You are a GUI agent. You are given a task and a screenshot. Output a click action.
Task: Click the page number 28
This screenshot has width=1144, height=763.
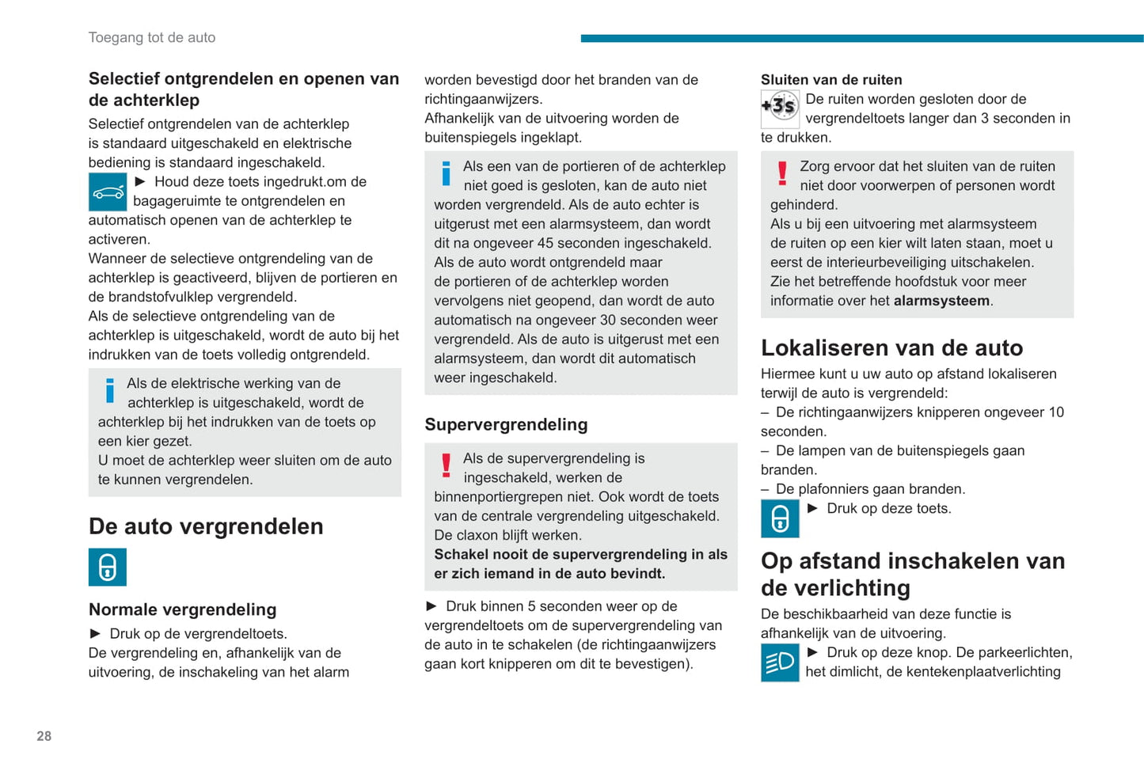point(44,736)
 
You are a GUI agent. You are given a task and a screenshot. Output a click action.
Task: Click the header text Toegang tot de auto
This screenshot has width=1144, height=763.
point(152,37)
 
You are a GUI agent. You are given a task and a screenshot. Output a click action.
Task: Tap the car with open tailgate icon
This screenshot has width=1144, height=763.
point(108,192)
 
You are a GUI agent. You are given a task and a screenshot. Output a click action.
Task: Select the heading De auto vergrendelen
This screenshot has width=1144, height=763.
point(206,526)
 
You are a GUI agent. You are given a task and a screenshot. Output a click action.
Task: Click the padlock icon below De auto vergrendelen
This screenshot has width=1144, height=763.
point(108,567)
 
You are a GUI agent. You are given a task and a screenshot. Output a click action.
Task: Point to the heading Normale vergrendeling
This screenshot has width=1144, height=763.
point(183,609)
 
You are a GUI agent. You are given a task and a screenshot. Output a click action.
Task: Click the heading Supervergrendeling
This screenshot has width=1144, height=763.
point(506,424)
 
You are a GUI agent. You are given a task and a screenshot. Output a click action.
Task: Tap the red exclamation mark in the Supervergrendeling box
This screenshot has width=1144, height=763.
point(447,465)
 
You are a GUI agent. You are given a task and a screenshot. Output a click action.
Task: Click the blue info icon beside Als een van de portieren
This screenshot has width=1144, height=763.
point(447,173)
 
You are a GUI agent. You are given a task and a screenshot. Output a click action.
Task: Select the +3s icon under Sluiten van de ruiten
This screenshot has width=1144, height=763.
point(780,108)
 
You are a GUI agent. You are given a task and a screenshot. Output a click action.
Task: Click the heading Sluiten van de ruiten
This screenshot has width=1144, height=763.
point(831,80)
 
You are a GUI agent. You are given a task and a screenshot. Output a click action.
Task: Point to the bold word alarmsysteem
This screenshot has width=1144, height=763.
point(941,301)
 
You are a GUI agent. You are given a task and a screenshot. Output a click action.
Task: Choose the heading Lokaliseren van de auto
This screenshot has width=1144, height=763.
point(891,347)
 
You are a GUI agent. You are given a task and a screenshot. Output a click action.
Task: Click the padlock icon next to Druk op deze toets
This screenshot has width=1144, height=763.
point(780,518)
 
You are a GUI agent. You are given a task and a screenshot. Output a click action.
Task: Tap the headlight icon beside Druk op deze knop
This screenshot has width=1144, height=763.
point(780,662)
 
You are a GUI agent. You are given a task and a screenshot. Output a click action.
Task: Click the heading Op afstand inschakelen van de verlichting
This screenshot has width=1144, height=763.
point(912,574)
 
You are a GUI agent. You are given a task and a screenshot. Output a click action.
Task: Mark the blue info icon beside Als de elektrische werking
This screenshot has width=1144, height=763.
point(110,390)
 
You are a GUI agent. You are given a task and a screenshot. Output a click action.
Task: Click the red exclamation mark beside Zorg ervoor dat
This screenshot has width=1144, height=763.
point(782,173)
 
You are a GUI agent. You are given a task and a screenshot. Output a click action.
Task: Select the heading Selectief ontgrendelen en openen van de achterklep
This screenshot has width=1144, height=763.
point(244,89)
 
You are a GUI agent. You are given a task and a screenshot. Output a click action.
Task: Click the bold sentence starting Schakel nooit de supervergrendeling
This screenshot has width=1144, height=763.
point(580,564)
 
